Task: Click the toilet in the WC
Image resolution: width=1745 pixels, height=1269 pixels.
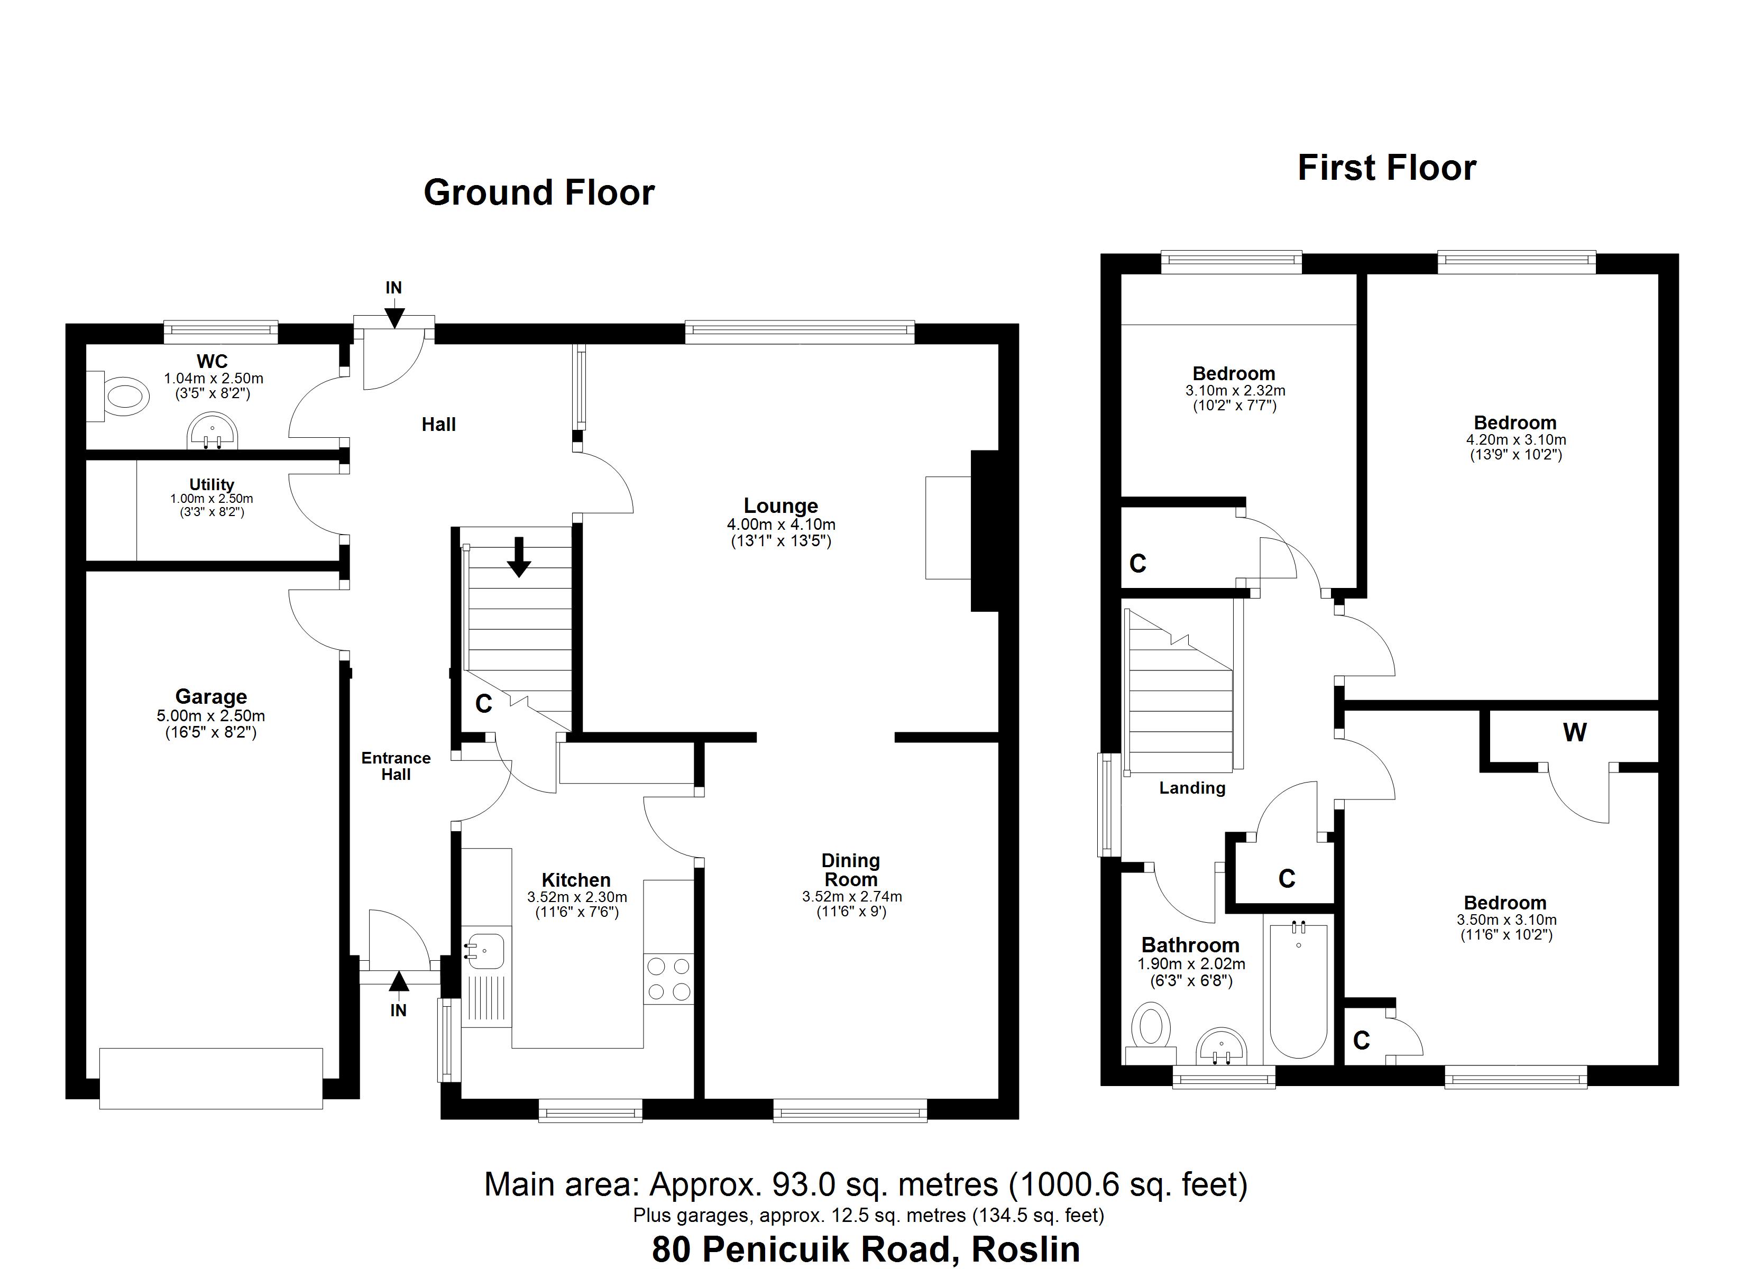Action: point(123,397)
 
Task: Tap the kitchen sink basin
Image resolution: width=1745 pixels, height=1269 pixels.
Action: point(486,951)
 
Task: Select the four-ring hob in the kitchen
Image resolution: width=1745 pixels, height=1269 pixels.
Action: point(668,979)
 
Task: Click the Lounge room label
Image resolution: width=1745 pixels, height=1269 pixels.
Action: point(780,507)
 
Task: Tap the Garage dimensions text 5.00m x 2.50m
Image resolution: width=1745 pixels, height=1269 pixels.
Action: point(211,716)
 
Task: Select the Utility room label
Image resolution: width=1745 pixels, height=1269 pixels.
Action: point(212,485)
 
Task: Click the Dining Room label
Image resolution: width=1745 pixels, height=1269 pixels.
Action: point(850,870)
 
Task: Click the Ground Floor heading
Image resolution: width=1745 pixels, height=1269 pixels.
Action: point(539,192)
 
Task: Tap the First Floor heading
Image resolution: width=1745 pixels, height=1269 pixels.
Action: point(1386,168)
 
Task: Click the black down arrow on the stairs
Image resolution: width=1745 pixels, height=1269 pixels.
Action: point(519,557)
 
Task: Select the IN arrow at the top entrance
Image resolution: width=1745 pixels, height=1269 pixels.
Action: point(393,316)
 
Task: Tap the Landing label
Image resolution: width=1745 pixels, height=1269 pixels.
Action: point(1192,788)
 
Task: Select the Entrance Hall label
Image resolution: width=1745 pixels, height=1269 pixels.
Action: point(396,767)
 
